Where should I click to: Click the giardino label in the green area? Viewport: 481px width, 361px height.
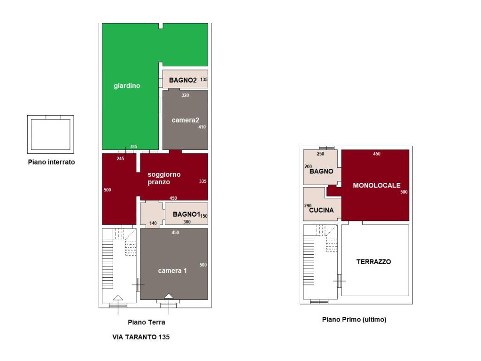127,86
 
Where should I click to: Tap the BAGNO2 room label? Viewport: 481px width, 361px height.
183,80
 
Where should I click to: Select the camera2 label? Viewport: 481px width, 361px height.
185,120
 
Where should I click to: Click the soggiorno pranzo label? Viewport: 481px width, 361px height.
164,178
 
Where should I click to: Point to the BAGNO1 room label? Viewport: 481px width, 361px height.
186,214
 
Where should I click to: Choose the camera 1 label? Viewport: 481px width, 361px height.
172,270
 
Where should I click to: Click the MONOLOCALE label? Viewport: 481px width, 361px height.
377,185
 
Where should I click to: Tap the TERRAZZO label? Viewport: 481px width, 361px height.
373,261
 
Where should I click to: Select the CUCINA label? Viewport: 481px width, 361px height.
321,210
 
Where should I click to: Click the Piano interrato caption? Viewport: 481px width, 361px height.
51,162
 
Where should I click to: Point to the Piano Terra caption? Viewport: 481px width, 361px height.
147,322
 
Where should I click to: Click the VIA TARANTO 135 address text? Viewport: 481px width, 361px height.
141,337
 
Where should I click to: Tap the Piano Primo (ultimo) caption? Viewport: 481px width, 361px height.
354,319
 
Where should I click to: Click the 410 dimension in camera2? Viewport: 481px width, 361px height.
202,127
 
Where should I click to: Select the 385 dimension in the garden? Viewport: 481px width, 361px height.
133,147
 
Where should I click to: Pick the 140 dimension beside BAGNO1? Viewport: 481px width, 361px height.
153,223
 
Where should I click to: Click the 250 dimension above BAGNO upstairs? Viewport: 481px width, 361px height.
320,154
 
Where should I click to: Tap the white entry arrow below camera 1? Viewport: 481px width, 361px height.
169,296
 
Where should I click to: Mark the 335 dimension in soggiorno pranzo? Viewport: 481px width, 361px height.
203,181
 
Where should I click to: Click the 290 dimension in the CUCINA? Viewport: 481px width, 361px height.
308,206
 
